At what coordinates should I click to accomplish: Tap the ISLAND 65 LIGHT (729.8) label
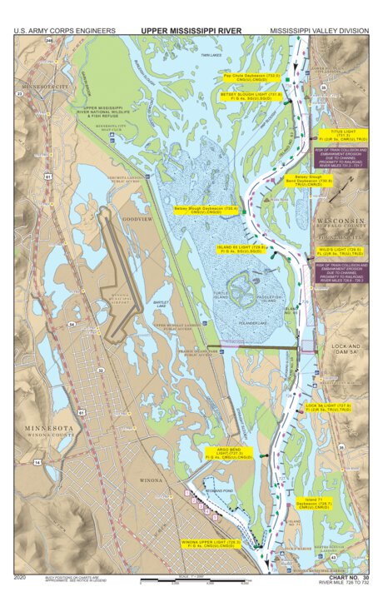241,249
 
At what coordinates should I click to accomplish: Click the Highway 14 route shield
37,461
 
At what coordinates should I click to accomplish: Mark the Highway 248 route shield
50,40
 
